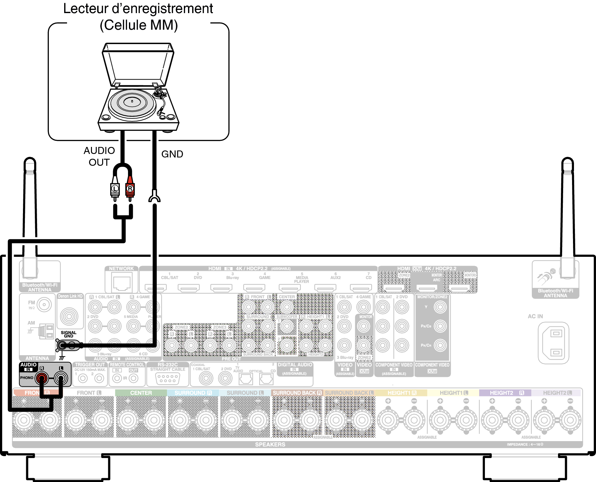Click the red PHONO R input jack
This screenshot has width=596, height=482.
[41, 379]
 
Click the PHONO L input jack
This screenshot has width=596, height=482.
[61, 379]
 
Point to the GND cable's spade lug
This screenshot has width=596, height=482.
[155, 196]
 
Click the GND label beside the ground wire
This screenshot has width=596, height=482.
[172, 154]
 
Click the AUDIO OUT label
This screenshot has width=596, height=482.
[99, 157]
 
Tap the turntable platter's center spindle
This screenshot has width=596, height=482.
[132, 102]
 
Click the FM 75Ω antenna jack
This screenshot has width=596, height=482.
[44, 305]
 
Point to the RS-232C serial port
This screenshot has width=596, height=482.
[168, 379]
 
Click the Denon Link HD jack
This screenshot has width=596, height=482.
[69, 317]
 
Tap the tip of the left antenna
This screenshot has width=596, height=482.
[30, 160]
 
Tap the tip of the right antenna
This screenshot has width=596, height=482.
[567, 160]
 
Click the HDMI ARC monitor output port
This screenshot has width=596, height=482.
[426, 288]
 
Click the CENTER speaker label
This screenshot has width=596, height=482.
[141, 393]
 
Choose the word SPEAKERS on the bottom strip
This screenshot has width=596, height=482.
[270, 445]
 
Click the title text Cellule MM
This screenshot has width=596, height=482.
[139, 25]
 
